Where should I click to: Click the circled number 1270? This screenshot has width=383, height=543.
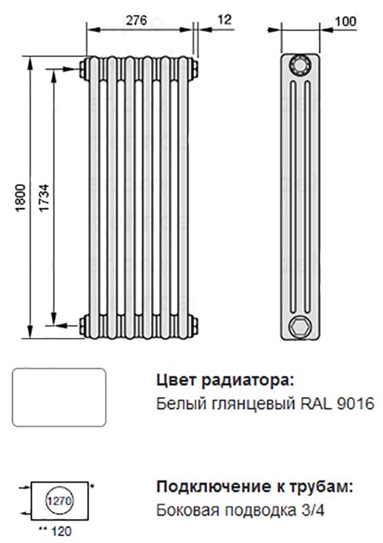[x=59, y=502]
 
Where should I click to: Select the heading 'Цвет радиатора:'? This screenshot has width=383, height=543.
[x=225, y=379]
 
